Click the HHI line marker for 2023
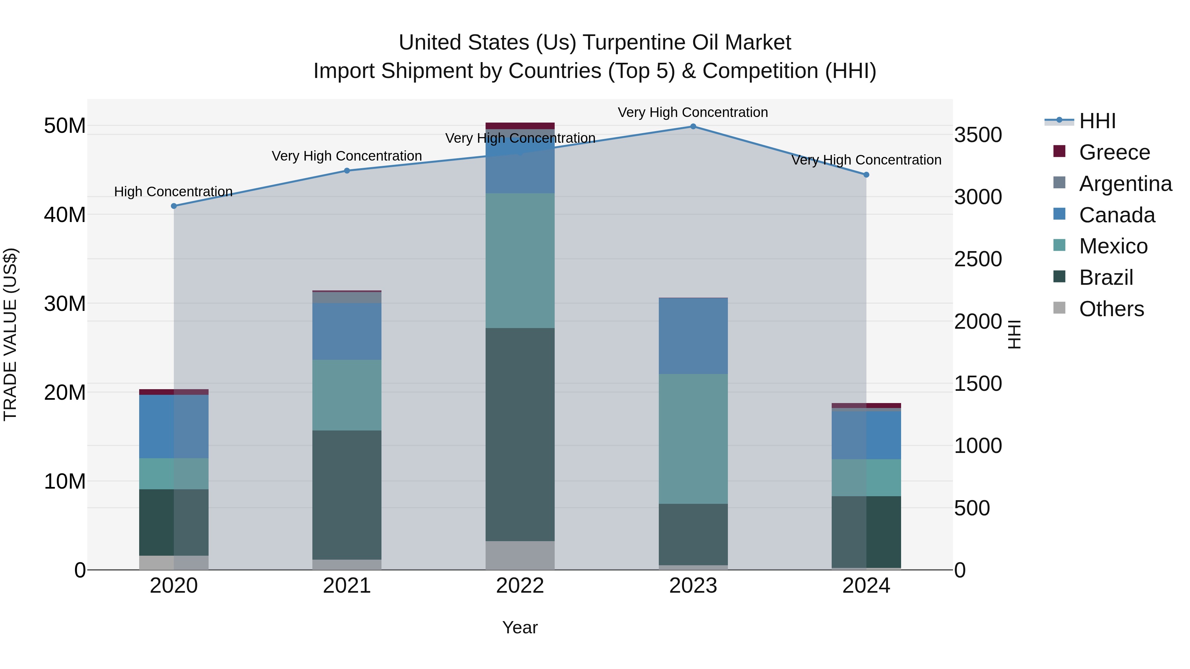click(x=693, y=127)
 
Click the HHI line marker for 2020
click(x=174, y=206)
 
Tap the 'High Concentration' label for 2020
click(x=173, y=192)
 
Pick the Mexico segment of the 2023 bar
click(x=693, y=439)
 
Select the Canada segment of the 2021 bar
click(x=347, y=331)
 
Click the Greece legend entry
click(x=1114, y=152)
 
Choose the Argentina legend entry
click(x=1125, y=184)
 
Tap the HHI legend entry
click(x=1097, y=121)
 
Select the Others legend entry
click(x=1111, y=309)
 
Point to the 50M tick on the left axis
click(x=65, y=126)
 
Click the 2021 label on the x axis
click(x=347, y=586)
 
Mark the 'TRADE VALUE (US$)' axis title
click(x=11, y=334)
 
